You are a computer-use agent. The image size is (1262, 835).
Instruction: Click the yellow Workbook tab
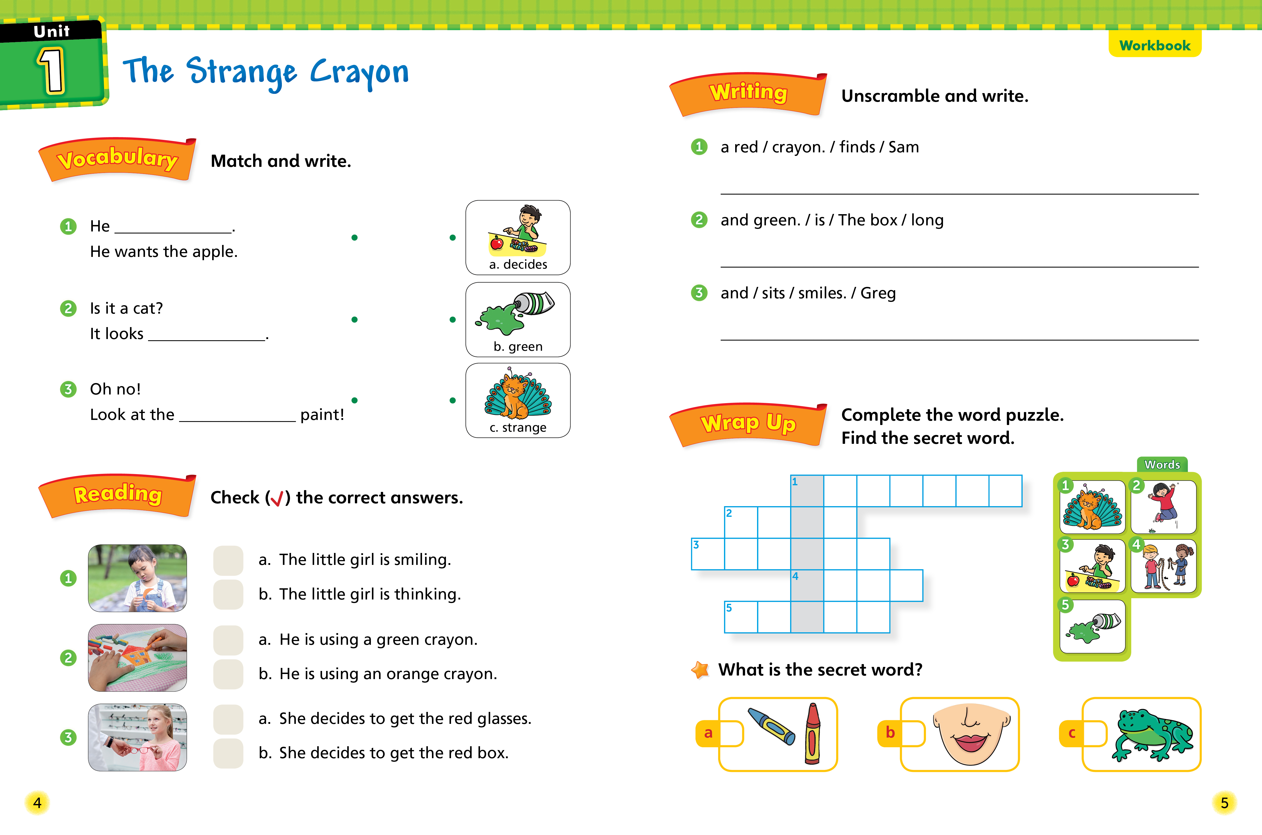coord(1154,45)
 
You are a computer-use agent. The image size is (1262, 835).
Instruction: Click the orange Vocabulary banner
coord(117,159)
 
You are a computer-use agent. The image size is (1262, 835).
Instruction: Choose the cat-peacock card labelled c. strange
coord(518,400)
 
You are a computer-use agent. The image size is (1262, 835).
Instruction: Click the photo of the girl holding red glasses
coord(137,738)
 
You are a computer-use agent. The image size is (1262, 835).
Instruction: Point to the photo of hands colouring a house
coord(137,658)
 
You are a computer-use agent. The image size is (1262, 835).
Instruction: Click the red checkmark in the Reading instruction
coord(277,499)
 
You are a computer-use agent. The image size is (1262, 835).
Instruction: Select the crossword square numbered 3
coord(708,554)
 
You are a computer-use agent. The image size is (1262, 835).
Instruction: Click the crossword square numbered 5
coord(741,617)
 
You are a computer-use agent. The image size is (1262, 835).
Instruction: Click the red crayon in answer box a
coord(813,734)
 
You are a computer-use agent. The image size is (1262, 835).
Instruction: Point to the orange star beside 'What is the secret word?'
coord(700,670)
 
